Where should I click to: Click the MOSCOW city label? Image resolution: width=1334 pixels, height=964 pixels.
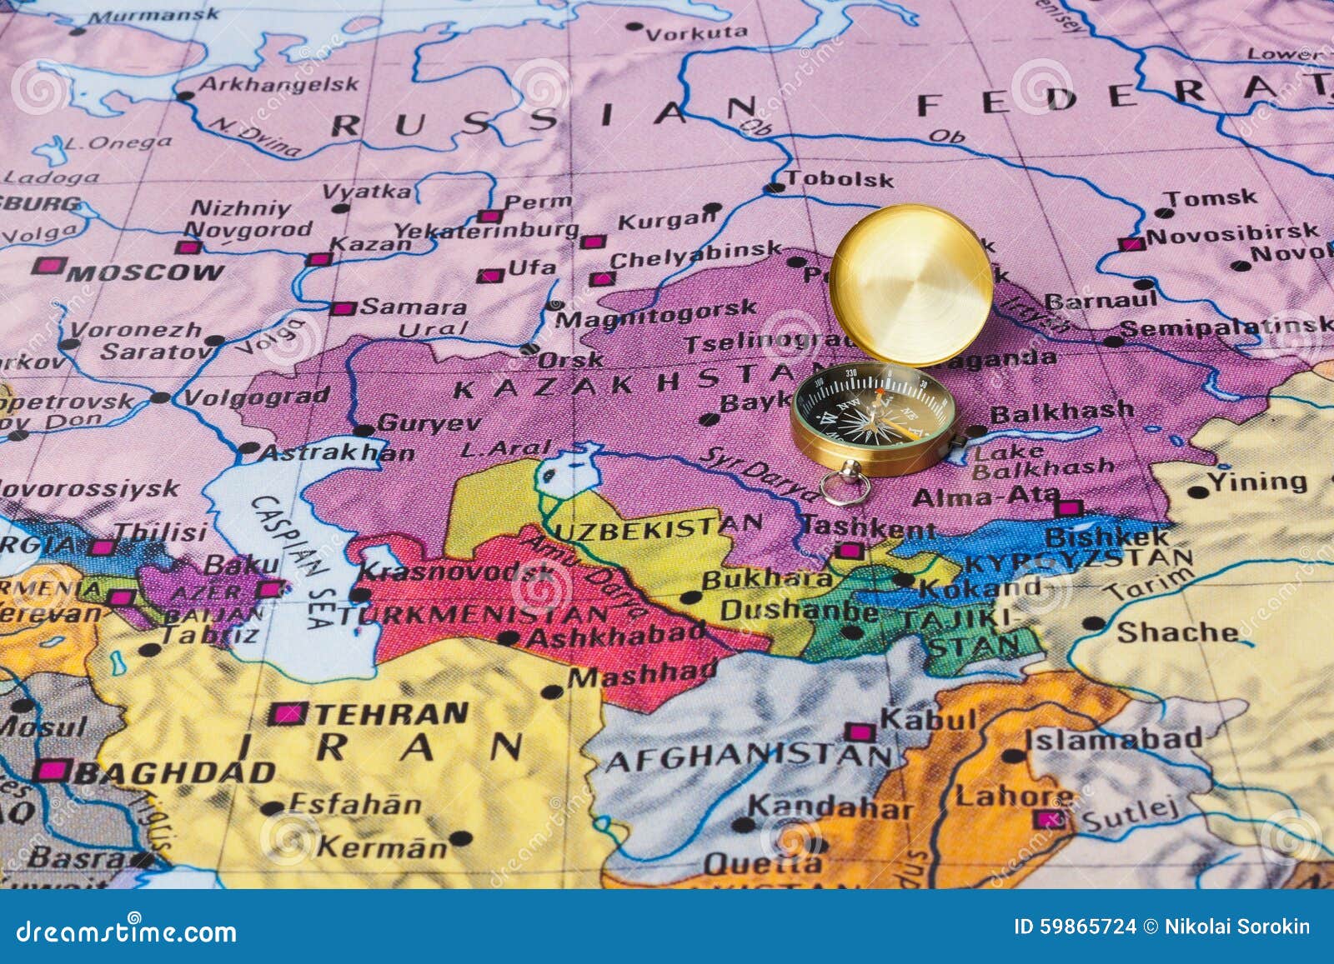pyautogui.click(x=145, y=272)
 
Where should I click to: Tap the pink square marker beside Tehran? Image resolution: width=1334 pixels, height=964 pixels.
pyautogui.click(x=288, y=713)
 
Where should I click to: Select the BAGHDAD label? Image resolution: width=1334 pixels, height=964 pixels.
pyautogui.click(x=175, y=772)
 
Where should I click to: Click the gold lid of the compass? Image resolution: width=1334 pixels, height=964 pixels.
pyautogui.click(x=911, y=285)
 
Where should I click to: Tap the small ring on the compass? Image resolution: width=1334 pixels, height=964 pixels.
pyautogui.click(x=845, y=486)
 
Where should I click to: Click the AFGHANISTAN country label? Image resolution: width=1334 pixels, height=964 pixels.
pyautogui.click(x=747, y=757)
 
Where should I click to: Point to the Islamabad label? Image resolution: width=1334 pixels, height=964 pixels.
pyautogui.click(x=1113, y=738)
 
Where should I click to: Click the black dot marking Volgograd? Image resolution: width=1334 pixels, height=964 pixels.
pyautogui.click(x=160, y=398)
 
